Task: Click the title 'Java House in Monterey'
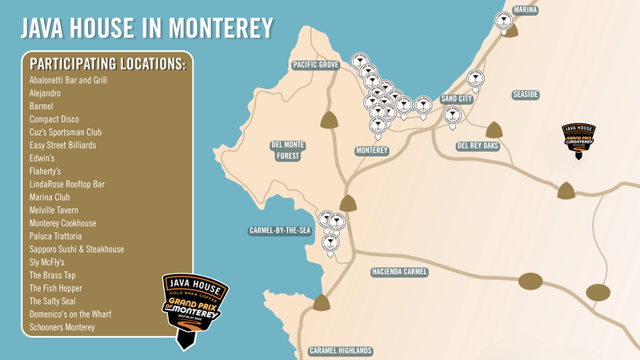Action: (x=146, y=30)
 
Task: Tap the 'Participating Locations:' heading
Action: (x=107, y=64)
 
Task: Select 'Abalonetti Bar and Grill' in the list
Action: (x=68, y=81)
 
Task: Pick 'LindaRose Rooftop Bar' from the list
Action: (x=67, y=184)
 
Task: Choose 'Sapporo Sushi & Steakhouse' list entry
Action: (x=77, y=250)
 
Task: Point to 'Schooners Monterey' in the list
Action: (x=62, y=327)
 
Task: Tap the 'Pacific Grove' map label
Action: (x=316, y=64)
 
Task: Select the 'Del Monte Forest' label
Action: (x=286, y=150)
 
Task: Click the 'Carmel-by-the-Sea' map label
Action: (x=279, y=230)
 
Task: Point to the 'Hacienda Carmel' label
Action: (x=400, y=272)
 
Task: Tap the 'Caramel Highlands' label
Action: (x=341, y=350)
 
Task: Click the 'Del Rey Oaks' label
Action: (x=478, y=146)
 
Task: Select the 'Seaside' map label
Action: (x=525, y=94)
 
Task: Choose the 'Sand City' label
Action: (x=457, y=99)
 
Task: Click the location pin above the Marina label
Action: (x=504, y=22)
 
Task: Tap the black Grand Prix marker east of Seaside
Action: (x=578, y=139)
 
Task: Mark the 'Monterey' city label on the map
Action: (x=371, y=150)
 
